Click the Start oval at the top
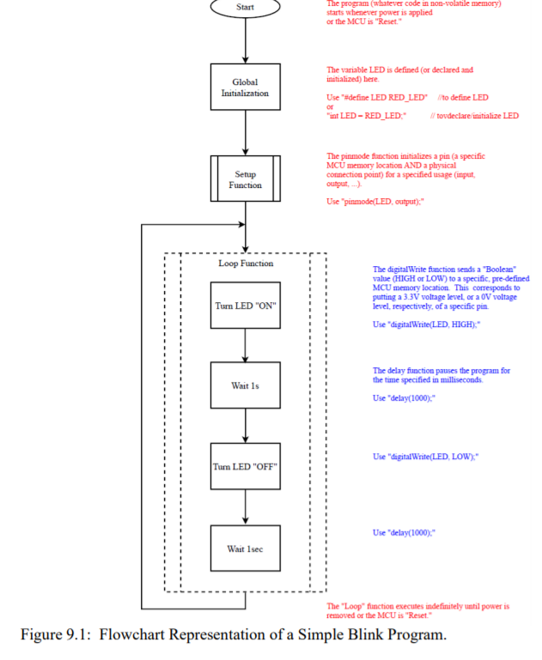[246, 7]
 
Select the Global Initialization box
[246, 88]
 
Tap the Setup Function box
[246, 179]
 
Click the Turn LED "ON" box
[246, 306]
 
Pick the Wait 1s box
[246, 385]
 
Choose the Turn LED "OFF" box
[246, 466]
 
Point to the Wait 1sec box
[246, 548]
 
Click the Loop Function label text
[246, 263]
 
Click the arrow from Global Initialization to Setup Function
[246, 133]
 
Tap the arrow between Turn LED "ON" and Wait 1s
[246, 345]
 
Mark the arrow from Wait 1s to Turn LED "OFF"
[246, 426]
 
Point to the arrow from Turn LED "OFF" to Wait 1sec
[246, 506]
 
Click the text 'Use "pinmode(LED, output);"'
[375, 201]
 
